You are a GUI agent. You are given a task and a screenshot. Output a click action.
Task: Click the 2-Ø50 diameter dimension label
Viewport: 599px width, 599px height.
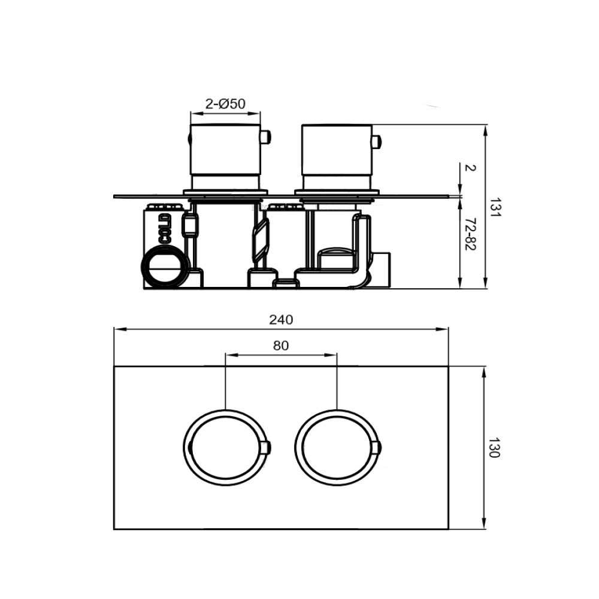[x=225, y=104]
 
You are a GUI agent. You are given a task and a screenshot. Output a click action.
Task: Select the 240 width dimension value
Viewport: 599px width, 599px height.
[x=281, y=319]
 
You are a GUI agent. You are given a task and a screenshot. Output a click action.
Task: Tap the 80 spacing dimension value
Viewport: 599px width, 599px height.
[x=281, y=346]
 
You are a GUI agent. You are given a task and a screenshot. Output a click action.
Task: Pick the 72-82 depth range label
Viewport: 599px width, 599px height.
[x=469, y=235]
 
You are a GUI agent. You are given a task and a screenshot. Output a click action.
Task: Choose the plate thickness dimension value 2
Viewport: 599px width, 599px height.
[x=469, y=168]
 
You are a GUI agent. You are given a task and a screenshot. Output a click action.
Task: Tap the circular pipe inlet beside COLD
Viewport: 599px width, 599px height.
[x=164, y=267]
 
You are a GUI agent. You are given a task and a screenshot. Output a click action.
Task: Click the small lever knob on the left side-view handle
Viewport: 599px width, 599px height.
[x=266, y=138]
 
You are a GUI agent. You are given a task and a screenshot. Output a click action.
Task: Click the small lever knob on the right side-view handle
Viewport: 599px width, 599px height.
[x=377, y=142]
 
